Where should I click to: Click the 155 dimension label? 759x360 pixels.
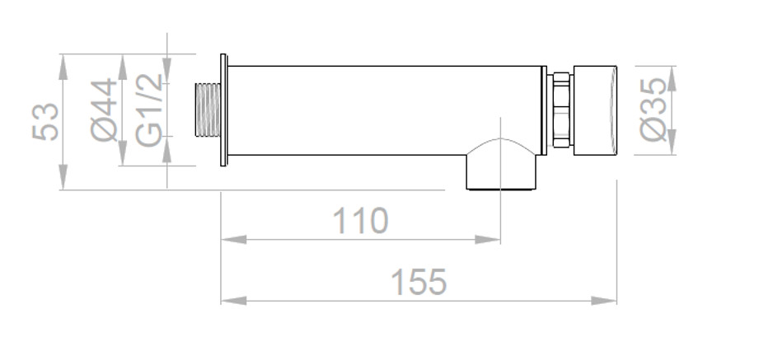419,282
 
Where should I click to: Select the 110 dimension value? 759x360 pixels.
361,221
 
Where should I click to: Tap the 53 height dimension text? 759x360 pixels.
45,121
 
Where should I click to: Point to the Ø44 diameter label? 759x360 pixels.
104,110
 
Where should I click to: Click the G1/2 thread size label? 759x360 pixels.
148,110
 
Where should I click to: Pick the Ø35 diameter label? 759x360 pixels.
653,110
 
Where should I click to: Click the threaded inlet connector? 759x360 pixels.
208,110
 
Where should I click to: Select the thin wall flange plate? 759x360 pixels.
223,110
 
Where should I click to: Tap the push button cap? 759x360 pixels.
595,110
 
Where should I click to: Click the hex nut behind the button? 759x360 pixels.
561,110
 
